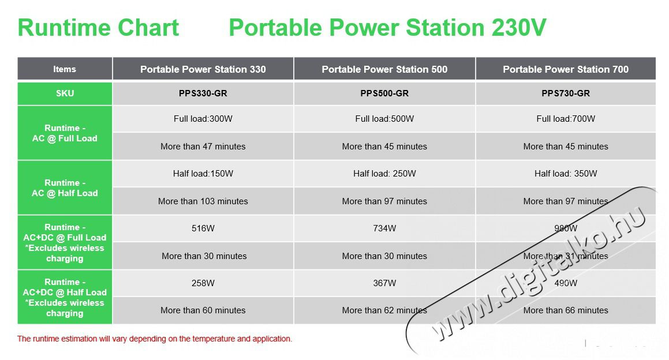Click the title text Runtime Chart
point(98,28)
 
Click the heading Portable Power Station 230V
point(387,28)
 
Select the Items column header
point(65,69)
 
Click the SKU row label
point(65,93)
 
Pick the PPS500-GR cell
point(384,93)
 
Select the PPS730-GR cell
point(566,93)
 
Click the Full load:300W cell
point(203,119)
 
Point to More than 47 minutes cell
point(203,147)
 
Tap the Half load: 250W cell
point(384,174)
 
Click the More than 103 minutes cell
point(203,201)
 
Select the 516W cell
point(203,228)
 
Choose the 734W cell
point(384,228)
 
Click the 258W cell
point(203,283)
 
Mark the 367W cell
point(384,283)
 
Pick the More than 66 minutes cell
point(566,310)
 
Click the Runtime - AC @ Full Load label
point(65,133)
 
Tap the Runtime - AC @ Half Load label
point(65,187)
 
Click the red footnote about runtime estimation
point(155,339)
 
